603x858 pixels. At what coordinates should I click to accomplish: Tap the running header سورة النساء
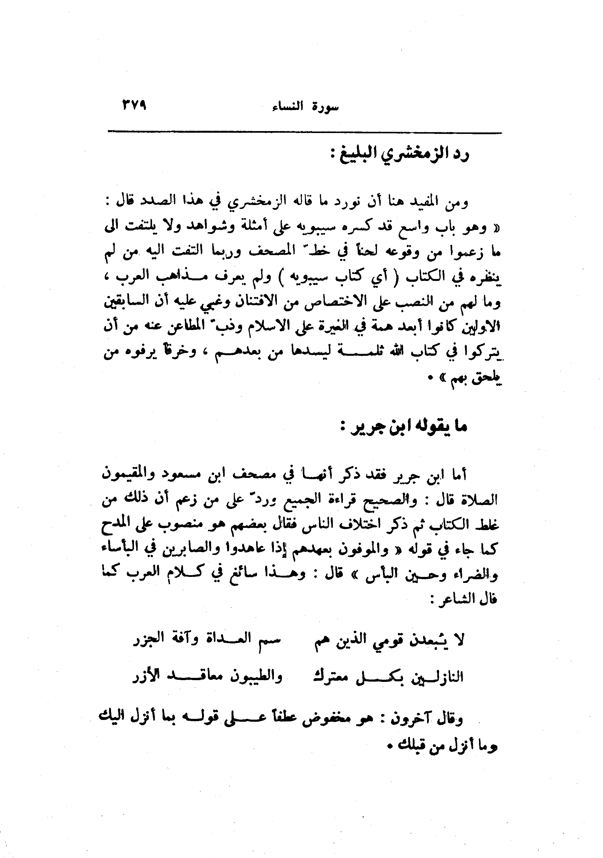[305, 107]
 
